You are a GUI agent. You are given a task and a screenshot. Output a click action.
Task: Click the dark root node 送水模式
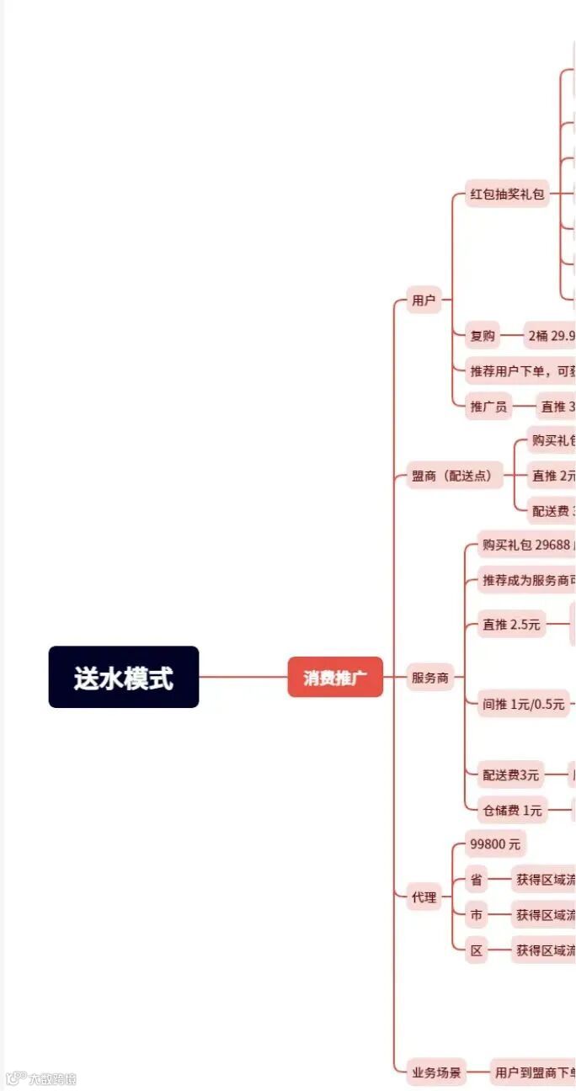pos(124,677)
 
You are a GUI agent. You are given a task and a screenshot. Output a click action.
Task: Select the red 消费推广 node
pos(335,677)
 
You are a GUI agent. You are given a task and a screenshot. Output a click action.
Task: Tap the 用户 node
pos(424,300)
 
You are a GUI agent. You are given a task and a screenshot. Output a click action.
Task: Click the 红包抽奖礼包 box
pos(508,194)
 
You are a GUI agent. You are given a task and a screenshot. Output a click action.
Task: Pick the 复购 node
pos(483,336)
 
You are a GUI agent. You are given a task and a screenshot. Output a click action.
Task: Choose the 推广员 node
pos(488,407)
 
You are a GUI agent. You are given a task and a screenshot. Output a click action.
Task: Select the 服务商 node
pos(430,678)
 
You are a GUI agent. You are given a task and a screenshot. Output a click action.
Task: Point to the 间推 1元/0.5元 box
pos(523,705)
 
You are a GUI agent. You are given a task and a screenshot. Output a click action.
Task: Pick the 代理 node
pos(424,897)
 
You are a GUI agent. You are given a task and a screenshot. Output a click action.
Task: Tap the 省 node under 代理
pos(477,880)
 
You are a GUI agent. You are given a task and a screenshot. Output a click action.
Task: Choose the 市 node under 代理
pos(477,915)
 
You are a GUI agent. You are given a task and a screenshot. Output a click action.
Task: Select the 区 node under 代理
pos(477,950)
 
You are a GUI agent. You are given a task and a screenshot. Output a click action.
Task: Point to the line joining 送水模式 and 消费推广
pos(243,677)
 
